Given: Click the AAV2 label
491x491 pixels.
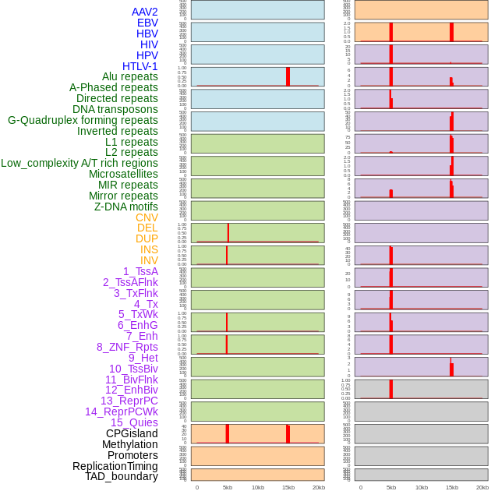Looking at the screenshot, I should [144, 12].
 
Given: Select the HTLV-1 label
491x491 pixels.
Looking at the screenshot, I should [140, 66].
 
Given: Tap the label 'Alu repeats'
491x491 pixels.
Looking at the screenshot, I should [129, 76].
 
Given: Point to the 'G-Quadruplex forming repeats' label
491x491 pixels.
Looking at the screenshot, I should [83, 120].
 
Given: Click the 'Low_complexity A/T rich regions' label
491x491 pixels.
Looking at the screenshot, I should [79, 163].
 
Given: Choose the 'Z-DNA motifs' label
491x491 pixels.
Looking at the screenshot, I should [125, 207].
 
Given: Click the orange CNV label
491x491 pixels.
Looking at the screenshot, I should [147, 217].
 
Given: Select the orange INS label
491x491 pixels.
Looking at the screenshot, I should [149, 249].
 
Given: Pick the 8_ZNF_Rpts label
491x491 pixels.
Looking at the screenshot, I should [127, 347].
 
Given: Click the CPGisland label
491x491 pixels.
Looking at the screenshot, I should [132, 433].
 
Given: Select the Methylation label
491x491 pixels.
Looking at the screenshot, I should [129, 444].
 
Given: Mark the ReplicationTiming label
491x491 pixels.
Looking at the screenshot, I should [115, 466].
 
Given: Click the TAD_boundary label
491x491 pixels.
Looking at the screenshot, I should [121, 476].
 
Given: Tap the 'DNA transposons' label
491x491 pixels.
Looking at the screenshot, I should [115, 109].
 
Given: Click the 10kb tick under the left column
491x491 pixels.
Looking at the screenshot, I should [258, 487].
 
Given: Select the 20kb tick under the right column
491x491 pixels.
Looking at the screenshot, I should [482, 487].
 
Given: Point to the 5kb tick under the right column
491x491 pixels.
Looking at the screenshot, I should [391, 487].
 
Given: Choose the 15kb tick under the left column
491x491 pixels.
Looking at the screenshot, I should [288, 487].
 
